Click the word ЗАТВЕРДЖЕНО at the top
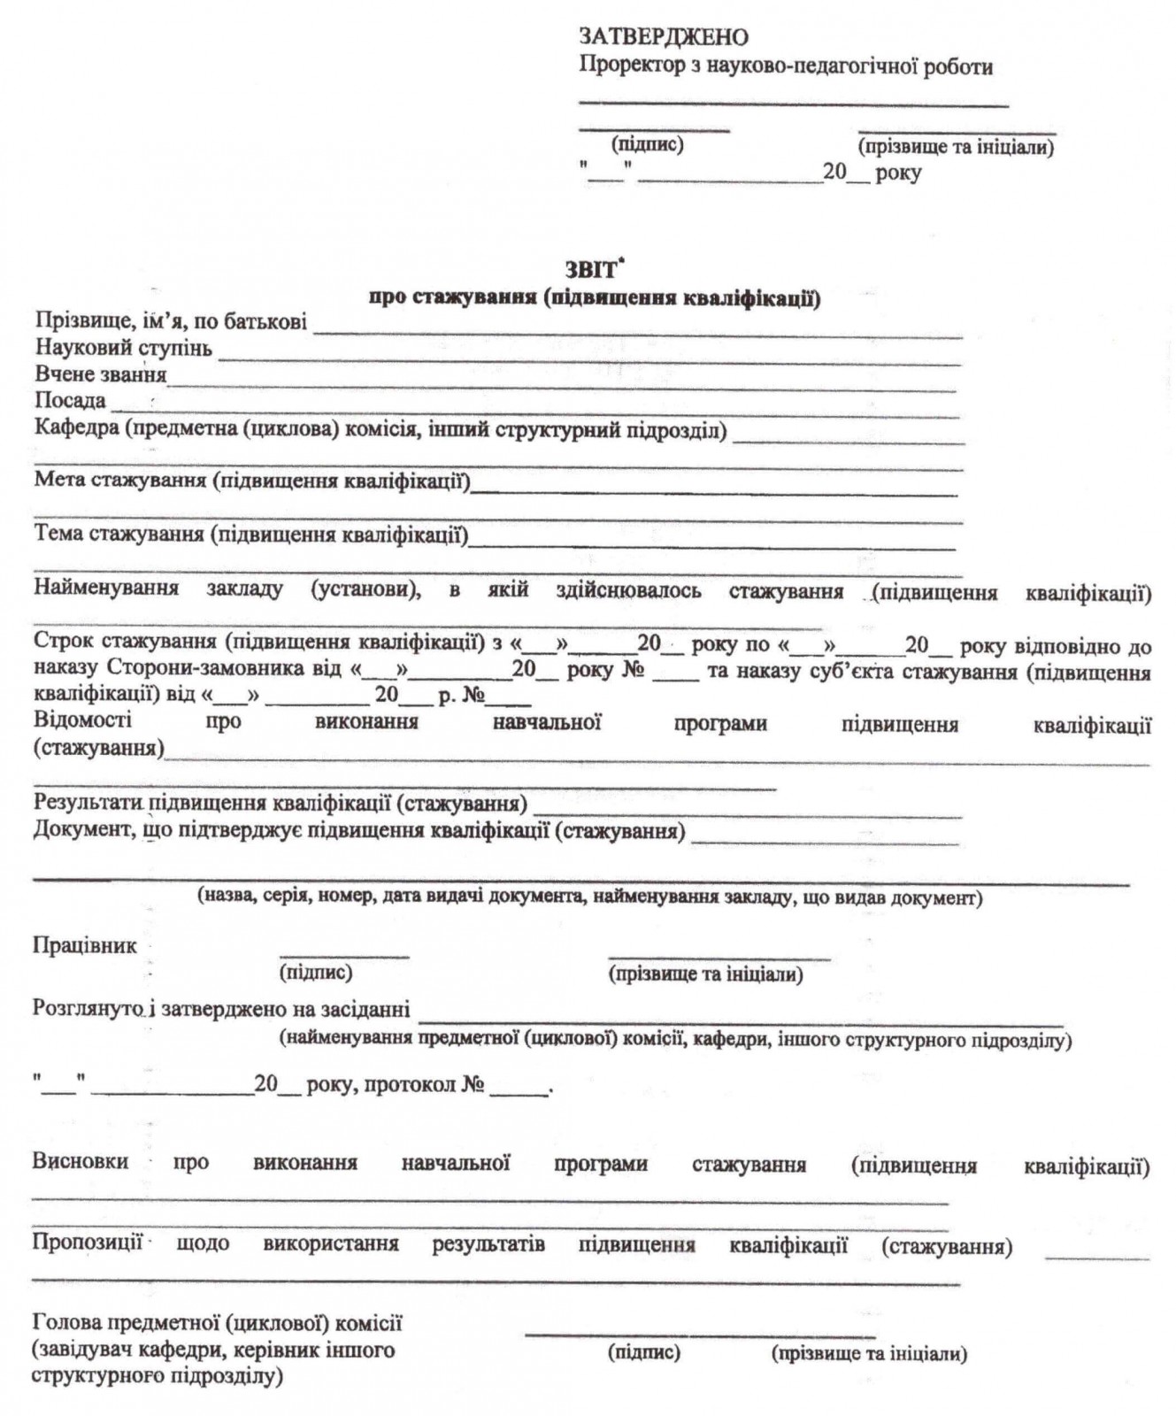pyautogui.click(x=663, y=37)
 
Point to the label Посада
pyautogui.click(x=70, y=401)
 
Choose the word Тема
pyautogui.click(x=58, y=534)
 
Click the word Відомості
pyautogui.click(x=82, y=720)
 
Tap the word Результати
pyautogui.click(x=88, y=804)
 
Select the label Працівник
pyautogui.click(x=85, y=946)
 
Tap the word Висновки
pyautogui.click(x=80, y=1162)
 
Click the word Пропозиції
pyautogui.click(x=87, y=1243)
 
